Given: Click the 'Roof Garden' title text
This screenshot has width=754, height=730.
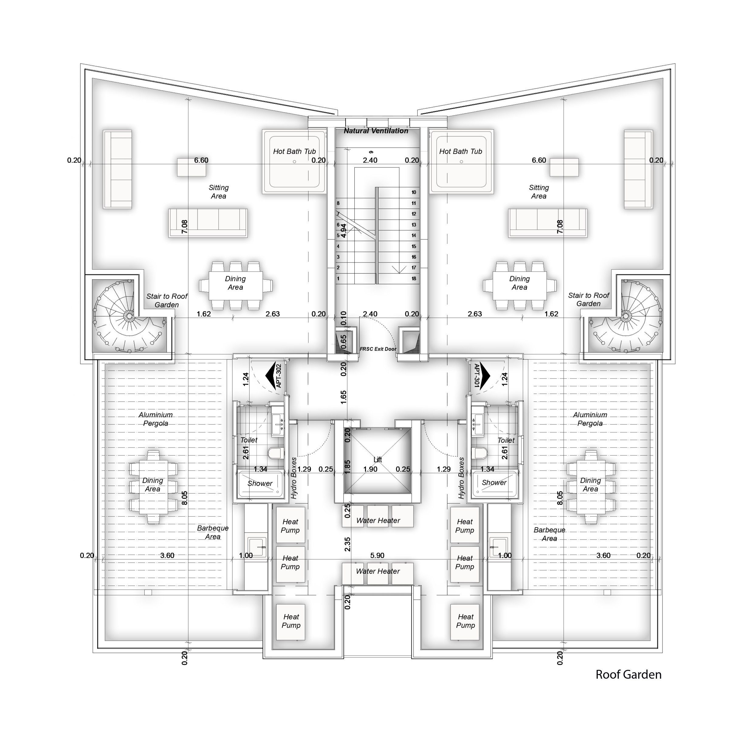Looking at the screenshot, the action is click(x=628, y=674).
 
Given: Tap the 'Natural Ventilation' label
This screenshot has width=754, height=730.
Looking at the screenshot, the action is click(x=376, y=131).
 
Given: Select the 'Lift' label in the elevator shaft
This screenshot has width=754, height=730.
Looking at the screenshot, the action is click(x=378, y=460).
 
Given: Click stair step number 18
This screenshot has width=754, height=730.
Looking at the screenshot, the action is click(x=414, y=279).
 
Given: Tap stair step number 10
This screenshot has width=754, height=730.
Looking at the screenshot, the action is click(x=414, y=192).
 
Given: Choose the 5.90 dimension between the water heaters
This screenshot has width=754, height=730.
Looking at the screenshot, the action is click(x=377, y=555).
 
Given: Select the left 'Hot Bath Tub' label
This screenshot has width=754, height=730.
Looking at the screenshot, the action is click(x=294, y=152).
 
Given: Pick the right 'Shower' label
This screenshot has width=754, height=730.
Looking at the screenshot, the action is click(x=494, y=483).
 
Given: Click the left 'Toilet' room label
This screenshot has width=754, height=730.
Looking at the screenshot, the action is click(x=249, y=440).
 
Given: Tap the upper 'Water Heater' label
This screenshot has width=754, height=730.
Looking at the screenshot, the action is click(x=378, y=521).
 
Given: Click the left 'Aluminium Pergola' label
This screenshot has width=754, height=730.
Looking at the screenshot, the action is click(x=155, y=419).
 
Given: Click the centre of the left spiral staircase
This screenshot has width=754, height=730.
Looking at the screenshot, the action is click(x=127, y=316).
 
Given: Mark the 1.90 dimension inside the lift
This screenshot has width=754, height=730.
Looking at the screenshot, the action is click(x=370, y=469).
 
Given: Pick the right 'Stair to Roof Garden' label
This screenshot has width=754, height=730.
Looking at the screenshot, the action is click(x=589, y=300).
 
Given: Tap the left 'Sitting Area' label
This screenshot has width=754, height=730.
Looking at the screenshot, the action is click(x=219, y=192).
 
